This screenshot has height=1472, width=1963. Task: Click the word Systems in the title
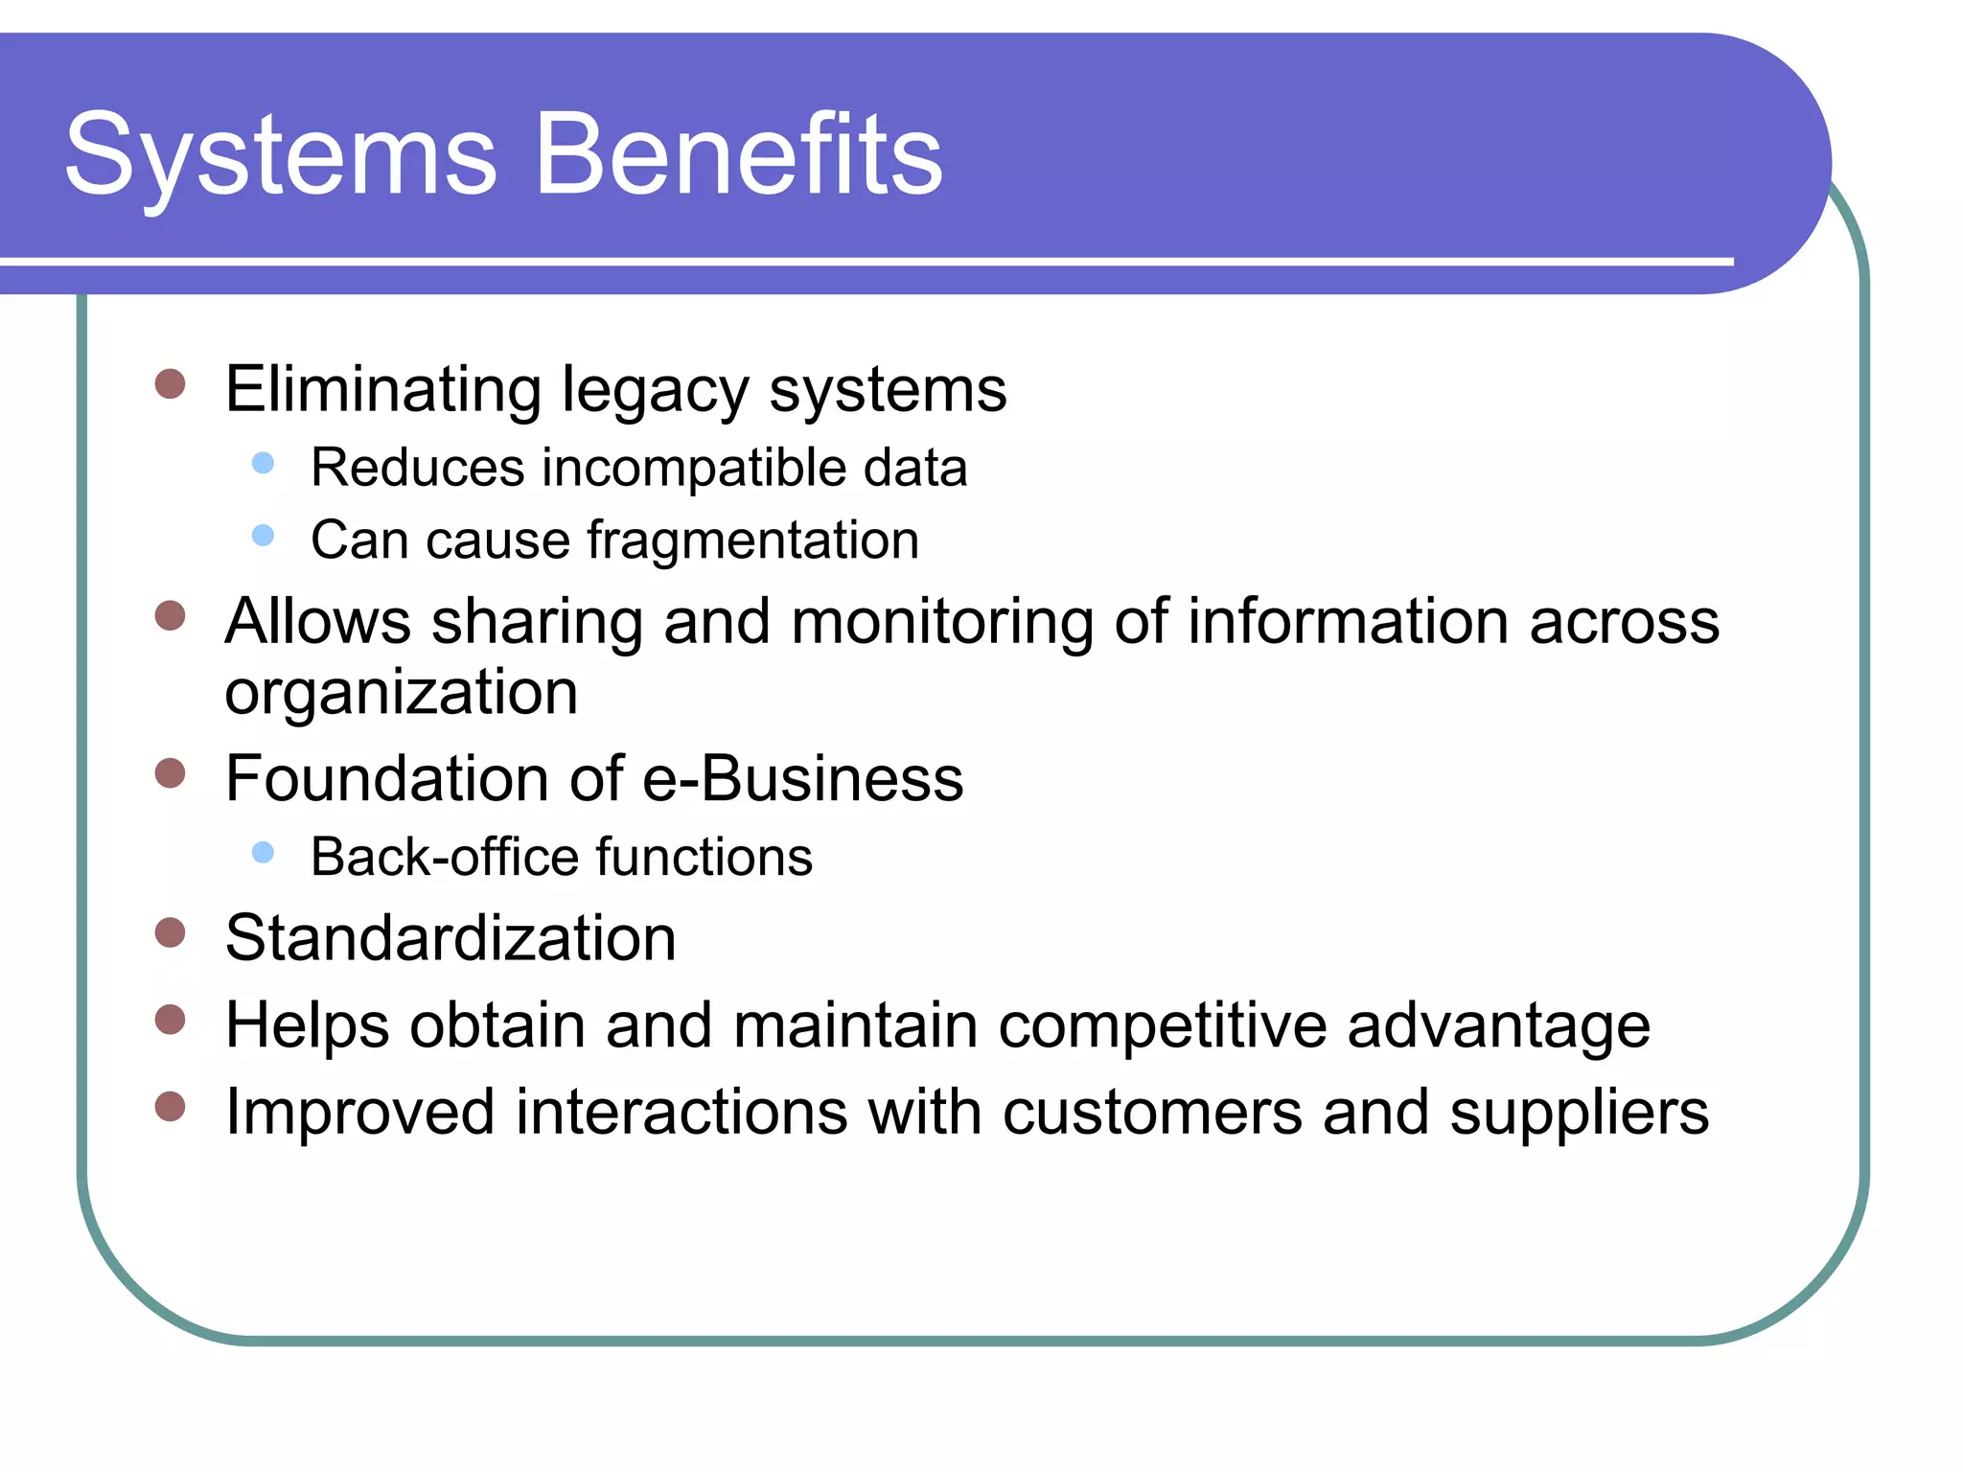(x=280, y=155)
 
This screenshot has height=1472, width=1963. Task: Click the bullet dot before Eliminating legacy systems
(x=170, y=384)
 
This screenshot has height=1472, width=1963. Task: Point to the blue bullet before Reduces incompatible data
(x=263, y=464)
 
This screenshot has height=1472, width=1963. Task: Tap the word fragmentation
(x=752, y=541)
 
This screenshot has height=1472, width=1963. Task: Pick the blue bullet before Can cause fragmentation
(x=263, y=536)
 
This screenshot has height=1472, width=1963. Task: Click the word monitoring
(x=941, y=622)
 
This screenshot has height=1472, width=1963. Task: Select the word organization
(x=401, y=693)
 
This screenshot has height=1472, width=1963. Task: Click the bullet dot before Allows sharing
(x=170, y=615)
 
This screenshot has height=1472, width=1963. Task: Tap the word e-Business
(x=802, y=778)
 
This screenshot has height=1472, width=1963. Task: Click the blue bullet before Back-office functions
(x=263, y=852)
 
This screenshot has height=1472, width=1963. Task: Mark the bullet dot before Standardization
(x=170, y=932)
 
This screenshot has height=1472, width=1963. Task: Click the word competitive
(x=1162, y=1026)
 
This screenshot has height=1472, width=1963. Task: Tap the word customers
(x=1152, y=1113)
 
